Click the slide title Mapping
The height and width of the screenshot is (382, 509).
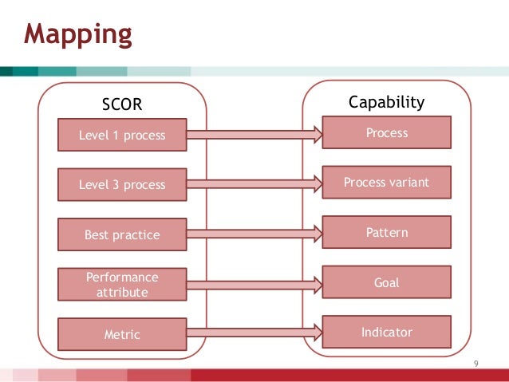coord(77,34)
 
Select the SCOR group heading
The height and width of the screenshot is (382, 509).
coord(122,104)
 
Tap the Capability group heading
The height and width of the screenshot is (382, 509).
coord(386,103)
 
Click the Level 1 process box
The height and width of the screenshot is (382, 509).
coord(122,135)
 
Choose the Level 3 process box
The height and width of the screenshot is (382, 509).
coord(122,184)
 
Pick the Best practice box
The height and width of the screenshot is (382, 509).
coord(122,234)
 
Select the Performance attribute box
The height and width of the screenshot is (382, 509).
coord(122,285)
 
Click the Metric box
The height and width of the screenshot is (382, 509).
coord(122,334)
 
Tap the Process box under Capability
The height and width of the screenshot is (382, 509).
coord(386,133)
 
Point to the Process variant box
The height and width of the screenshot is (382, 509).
coord(386,183)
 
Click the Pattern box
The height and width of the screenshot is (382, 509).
coord(386,233)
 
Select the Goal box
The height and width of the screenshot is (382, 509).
coord(386,282)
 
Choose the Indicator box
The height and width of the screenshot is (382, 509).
coord(386,332)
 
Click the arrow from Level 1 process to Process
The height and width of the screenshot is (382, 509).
coord(254,135)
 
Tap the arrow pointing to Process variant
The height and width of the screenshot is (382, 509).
coord(254,184)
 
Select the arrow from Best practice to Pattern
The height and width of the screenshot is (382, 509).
coord(254,234)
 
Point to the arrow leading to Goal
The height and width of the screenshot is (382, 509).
coord(254,284)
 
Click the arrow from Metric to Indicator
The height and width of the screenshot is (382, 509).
coord(254,333)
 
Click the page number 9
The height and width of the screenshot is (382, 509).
coord(476,364)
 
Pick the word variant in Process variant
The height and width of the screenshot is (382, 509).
coord(408,183)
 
